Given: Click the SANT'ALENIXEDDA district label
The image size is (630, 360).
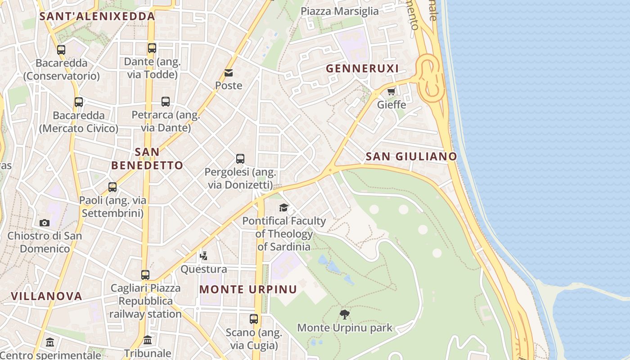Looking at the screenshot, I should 97,17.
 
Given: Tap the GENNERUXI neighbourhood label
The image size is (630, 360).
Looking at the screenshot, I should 362,68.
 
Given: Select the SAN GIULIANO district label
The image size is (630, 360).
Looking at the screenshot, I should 411,157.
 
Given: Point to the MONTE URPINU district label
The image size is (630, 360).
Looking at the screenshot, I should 248,289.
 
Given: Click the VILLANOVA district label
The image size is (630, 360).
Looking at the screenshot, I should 46,296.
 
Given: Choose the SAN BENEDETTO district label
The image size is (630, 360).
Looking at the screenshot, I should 147,159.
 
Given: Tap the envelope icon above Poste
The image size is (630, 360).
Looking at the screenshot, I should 229,73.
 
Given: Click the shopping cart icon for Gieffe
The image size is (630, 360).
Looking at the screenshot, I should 391,92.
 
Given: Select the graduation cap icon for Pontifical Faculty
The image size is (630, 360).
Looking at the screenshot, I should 283,207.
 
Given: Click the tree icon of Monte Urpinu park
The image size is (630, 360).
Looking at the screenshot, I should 345,314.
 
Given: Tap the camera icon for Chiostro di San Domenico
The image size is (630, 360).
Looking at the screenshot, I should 44,223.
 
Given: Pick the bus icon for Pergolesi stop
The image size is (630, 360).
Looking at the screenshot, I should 240,159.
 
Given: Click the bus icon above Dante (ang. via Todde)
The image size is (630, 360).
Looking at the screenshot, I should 152,48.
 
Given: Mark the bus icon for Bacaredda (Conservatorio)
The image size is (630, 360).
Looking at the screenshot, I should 61,50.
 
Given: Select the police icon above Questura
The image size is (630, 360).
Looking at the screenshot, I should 203,256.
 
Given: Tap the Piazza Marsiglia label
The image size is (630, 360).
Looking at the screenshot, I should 339,11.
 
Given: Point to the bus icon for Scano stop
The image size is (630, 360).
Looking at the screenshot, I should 254,319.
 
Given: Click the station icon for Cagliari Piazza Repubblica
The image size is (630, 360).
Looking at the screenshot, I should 145,274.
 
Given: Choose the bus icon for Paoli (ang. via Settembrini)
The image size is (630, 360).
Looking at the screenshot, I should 112,187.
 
